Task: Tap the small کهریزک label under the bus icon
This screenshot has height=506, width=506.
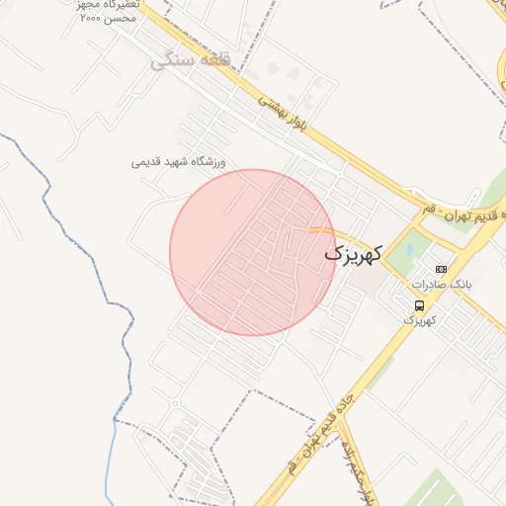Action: tap(419, 321)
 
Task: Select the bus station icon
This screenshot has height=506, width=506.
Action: tap(420, 305)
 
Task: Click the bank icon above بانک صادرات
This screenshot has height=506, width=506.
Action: tap(441, 269)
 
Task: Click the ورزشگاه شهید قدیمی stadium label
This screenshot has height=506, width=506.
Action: tap(179, 161)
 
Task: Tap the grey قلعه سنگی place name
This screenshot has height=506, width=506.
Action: tap(190, 60)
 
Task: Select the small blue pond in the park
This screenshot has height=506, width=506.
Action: tap(402, 252)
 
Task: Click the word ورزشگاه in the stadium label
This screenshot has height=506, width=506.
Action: tap(206, 161)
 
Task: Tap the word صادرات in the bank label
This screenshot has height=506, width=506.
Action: tap(434, 285)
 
